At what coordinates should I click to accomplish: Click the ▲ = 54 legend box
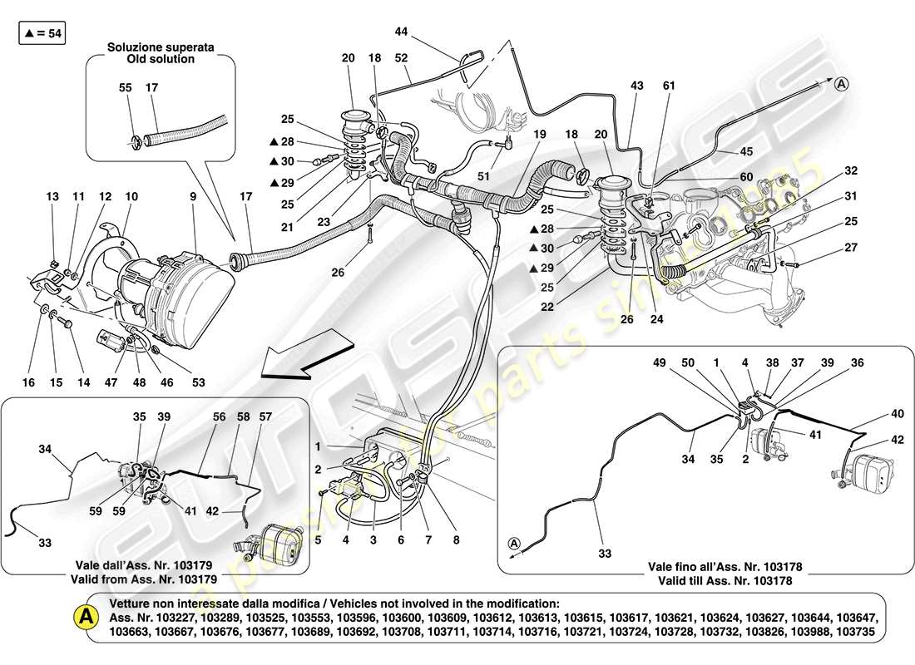(x=41, y=34)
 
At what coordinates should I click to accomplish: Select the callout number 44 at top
(x=401, y=32)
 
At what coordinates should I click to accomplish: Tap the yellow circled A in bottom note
(x=85, y=616)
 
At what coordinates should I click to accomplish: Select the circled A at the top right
(x=842, y=83)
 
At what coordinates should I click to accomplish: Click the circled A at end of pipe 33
(x=515, y=543)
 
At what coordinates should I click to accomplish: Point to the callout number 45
(x=745, y=151)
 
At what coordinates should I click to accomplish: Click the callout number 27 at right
(x=850, y=247)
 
